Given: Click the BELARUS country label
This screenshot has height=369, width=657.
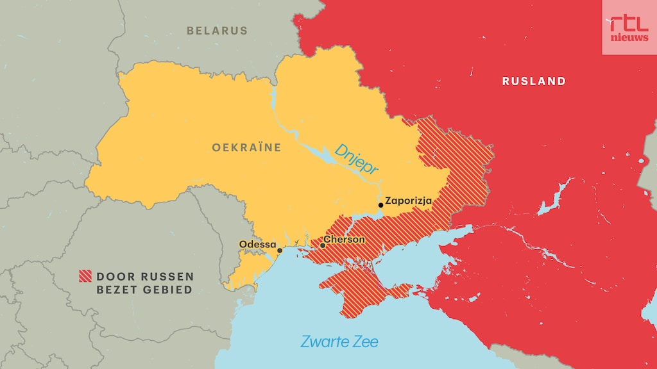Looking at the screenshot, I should coord(217,30).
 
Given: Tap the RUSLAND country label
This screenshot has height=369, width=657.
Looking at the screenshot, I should coord(534,81).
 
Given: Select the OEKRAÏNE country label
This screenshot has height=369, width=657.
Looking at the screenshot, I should coord(246,147).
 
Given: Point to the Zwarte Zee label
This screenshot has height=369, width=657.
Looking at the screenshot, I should coord(339,341).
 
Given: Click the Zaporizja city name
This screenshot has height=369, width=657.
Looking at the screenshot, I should coord(408,201).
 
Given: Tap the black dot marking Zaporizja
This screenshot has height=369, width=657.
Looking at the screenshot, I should coord(381,205).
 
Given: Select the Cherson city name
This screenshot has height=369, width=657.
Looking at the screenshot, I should coord(345,240).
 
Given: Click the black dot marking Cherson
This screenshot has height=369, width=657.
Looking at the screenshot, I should coord(323,245).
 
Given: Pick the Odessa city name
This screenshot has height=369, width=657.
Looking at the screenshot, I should coord(257,244).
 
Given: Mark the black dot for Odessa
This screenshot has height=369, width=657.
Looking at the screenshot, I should coord(279,250).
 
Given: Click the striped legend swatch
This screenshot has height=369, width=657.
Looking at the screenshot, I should coord(85,277).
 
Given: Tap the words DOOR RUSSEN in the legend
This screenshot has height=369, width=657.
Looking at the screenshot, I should coord(145,277).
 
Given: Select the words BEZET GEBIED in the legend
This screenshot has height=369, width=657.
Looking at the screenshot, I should coord(144,290).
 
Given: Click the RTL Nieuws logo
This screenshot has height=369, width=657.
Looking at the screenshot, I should coord(629,27).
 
